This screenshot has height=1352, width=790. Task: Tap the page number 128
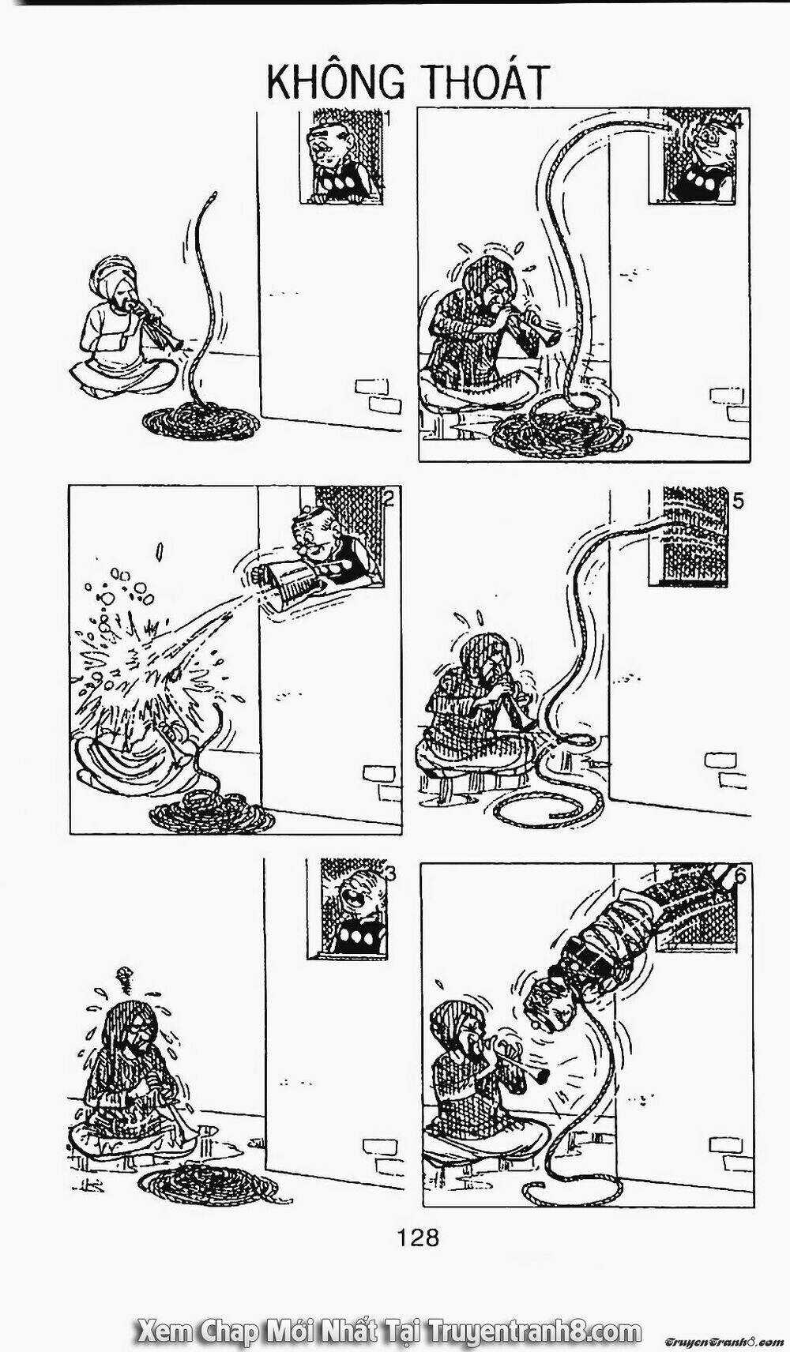419,1236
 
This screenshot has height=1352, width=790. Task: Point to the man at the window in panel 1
336,158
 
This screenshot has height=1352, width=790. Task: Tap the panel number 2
388,498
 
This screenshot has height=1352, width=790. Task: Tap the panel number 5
738,501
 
